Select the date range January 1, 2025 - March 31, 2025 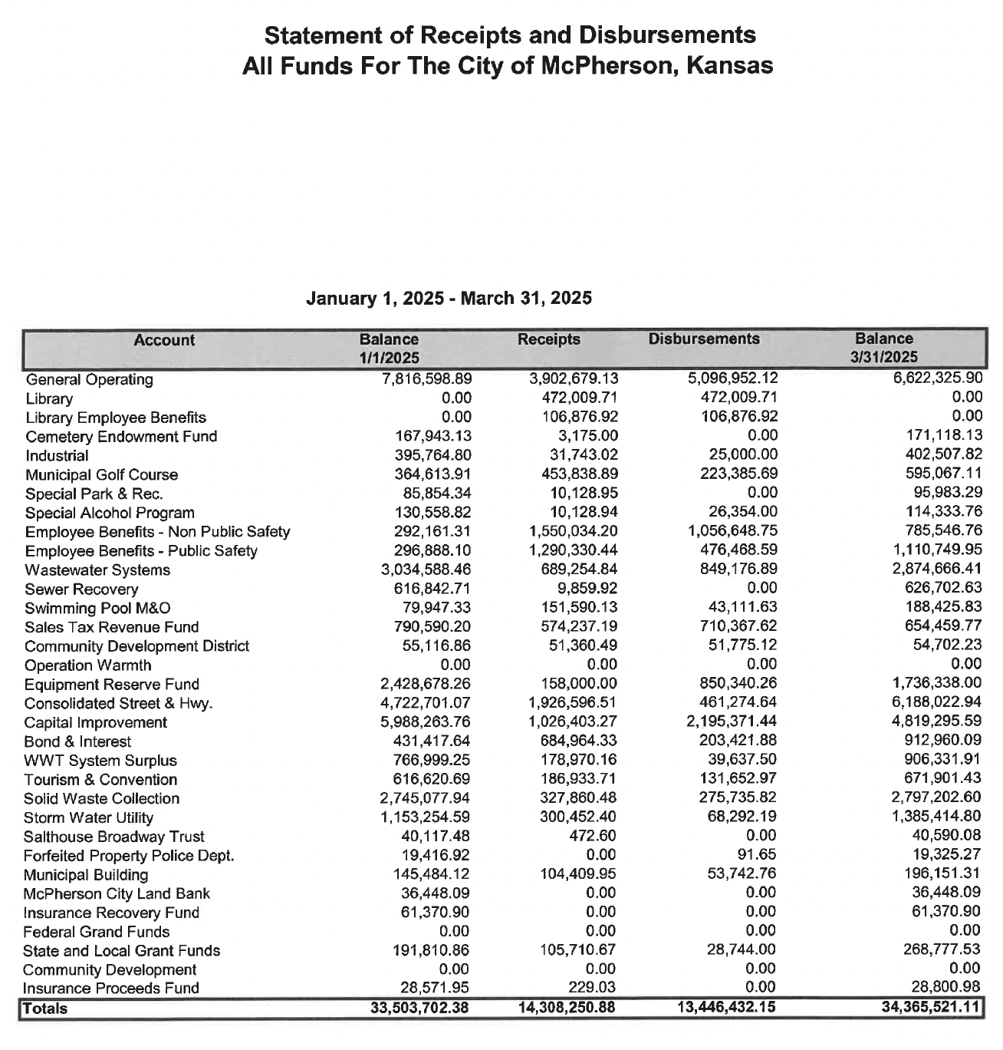click(x=449, y=298)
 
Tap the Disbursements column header click(x=703, y=338)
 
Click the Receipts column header click(x=548, y=338)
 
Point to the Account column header click(x=163, y=339)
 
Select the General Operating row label click(x=89, y=379)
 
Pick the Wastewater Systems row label click(x=97, y=570)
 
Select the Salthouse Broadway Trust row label click(x=113, y=837)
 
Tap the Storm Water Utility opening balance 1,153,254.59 click(x=425, y=817)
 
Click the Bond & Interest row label click(x=77, y=741)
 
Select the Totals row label click(x=45, y=1008)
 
